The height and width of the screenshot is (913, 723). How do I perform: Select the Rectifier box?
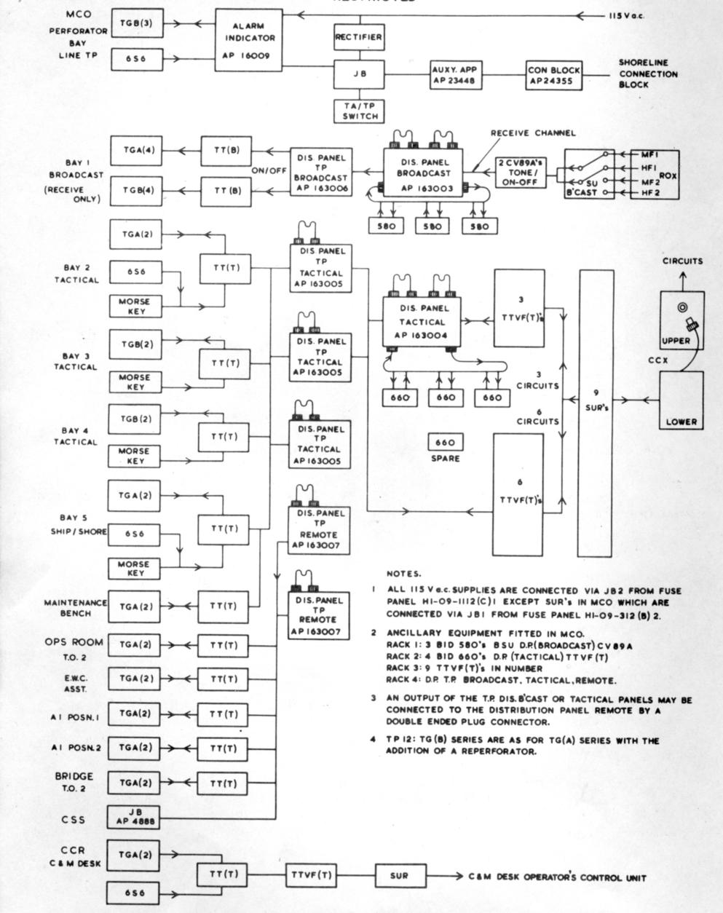coord(359,36)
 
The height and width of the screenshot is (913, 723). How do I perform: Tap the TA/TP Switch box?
coord(359,110)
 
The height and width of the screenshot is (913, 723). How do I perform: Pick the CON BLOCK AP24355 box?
coord(554,75)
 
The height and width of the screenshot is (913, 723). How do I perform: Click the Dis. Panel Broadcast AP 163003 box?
coord(424,174)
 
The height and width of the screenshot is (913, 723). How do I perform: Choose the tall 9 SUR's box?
coord(596,413)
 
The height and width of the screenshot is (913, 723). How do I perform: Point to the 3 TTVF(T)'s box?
coord(518,309)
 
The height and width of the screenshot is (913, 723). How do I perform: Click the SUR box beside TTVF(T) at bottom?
coord(399,875)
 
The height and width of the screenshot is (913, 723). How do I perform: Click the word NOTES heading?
coord(403,574)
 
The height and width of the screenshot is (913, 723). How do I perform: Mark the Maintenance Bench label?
coord(76,608)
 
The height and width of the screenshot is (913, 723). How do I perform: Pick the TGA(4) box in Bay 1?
coord(137,151)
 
